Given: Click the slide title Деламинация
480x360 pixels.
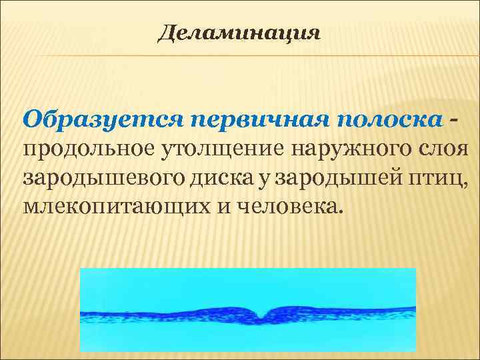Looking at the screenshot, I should point(239,33).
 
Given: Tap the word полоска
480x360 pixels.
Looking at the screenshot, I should point(389,120).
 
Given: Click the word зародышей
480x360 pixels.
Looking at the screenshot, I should point(343,179).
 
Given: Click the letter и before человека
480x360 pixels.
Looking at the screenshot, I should point(219,207).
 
